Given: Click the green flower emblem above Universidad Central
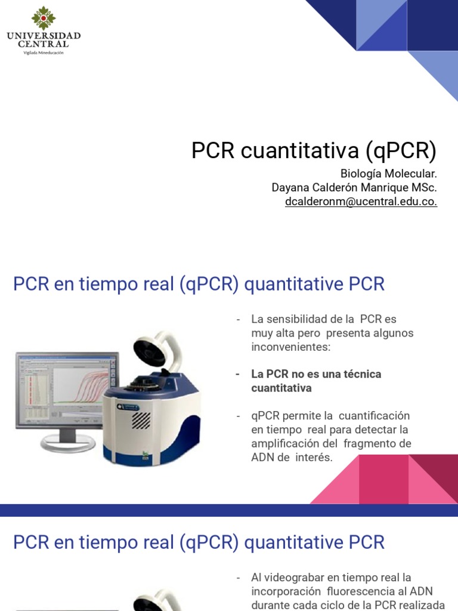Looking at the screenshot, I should (x=43, y=18).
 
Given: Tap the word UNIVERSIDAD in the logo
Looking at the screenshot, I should (x=44, y=36).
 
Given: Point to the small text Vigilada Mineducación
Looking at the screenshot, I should (x=44, y=53).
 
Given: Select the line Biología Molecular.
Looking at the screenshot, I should (x=388, y=174).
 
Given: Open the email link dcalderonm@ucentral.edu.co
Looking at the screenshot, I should (x=361, y=202).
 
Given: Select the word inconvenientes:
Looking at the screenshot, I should (x=290, y=347).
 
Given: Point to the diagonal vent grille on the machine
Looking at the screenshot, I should (x=140, y=419).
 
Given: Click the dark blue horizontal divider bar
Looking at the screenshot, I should (x=229, y=510).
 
